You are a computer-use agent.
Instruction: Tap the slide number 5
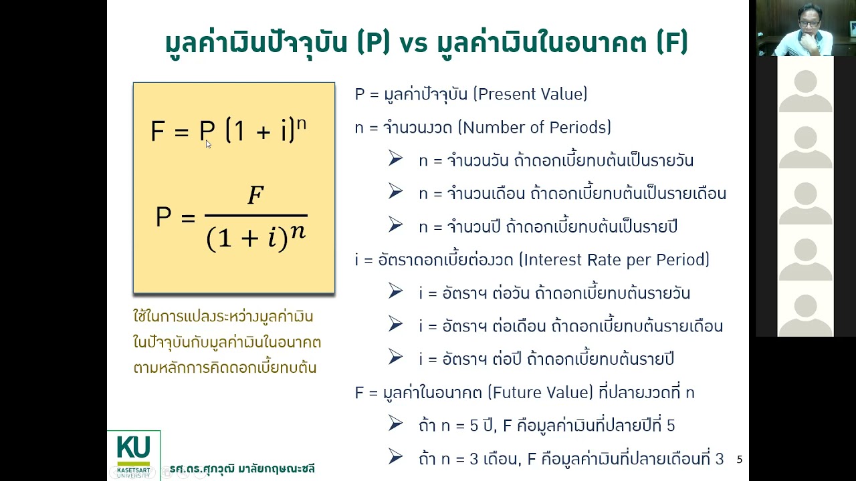tap(739, 460)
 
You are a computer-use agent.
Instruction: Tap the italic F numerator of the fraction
tap(255, 196)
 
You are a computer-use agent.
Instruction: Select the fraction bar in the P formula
tap(255, 216)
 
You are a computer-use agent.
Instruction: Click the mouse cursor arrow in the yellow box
tap(208, 144)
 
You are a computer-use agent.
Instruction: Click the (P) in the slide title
tap(373, 43)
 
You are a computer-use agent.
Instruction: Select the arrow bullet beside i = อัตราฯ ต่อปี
tap(395, 358)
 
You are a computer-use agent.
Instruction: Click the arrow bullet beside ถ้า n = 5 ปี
tap(395, 424)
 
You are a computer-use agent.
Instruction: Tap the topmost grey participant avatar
tap(805, 90)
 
